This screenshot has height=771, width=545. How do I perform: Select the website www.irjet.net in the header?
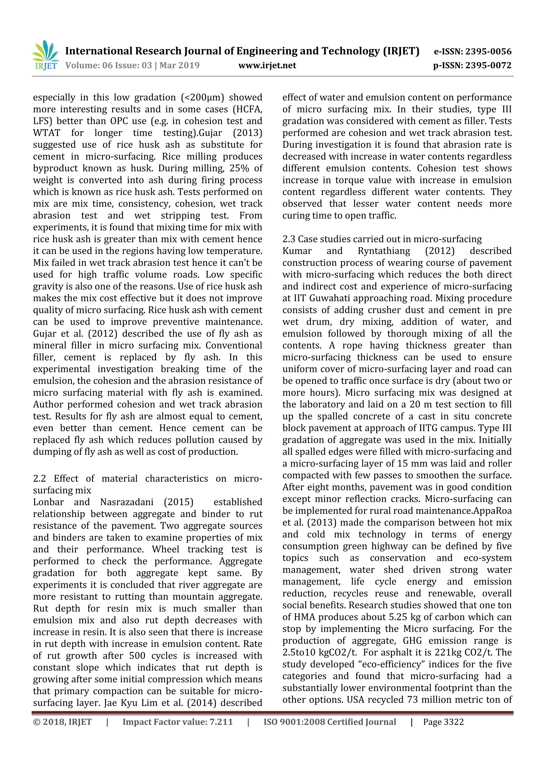pyautogui.click(x=267, y=65)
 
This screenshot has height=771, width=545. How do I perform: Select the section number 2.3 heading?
pyautogui.click(x=290, y=239)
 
